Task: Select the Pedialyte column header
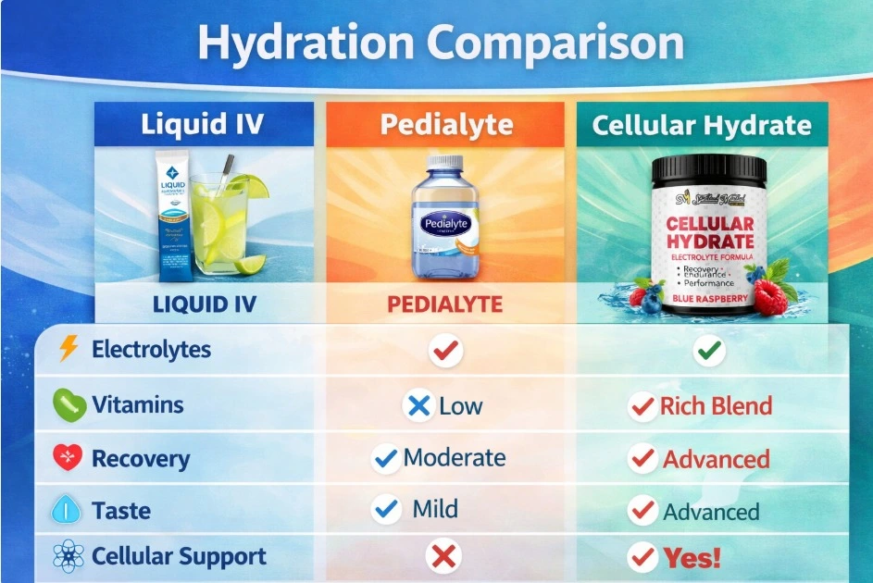444,124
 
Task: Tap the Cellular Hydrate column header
702,125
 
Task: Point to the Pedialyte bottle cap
444,165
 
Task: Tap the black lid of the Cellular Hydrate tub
709,169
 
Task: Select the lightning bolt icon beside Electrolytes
69,349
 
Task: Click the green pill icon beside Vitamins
69,404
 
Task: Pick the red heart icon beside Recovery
69,458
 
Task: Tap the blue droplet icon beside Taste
69,510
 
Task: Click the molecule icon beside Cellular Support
69,556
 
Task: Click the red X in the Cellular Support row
445,556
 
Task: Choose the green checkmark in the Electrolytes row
710,351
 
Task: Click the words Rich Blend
716,405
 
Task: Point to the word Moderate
455,457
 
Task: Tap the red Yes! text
691,558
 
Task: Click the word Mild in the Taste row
435,509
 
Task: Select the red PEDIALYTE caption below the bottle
444,304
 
